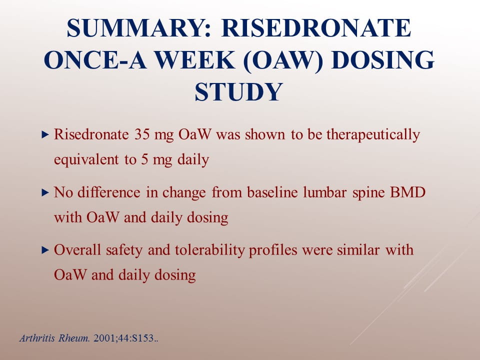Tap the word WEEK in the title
(x=194, y=60)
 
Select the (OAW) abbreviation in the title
(x=283, y=60)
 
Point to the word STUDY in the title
(x=239, y=92)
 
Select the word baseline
(x=272, y=193)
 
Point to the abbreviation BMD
(x=408, y=193)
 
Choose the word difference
(x=109, y=193)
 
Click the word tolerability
(x=210, y=250)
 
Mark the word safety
(x=124, y=250)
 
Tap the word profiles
(x=273, y=250)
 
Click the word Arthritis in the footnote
(x=37, y=338)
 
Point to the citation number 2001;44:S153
(x=124, y=338)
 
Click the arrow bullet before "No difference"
(x=45, y=192)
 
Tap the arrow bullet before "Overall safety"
(x=45, y=250)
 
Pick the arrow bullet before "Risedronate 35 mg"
(x=45, y=134)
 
